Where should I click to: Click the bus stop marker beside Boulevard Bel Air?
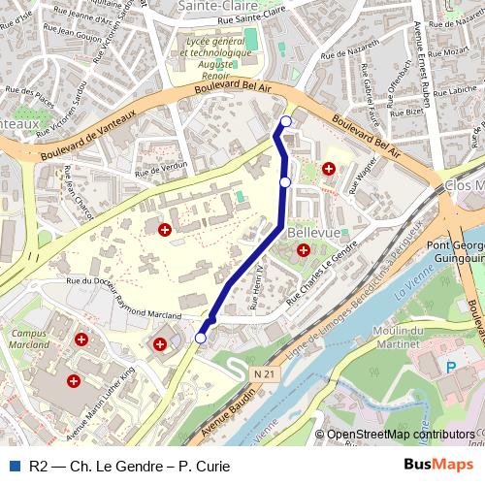[x=285, y=121]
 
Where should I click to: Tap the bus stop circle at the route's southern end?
[x=201, y=338]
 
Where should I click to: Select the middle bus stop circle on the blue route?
[x=285, y=181]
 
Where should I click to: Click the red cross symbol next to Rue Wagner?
[x=329, y=169]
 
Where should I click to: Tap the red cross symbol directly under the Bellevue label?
[x=304, y=250]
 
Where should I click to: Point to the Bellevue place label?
[x=314, y=234]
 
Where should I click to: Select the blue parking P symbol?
[x=449, y=366]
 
